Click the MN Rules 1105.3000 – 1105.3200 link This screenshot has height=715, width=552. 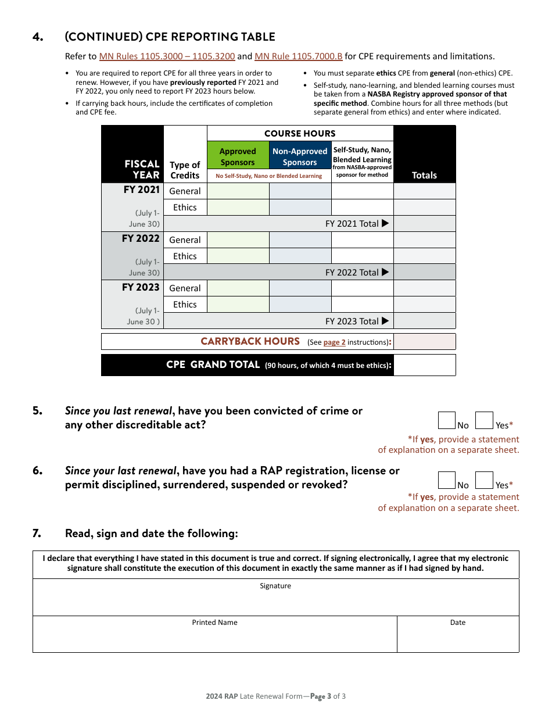tap(167, 56)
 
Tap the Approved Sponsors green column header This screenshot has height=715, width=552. tap(238, 156)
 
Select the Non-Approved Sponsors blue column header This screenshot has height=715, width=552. tap(300, 156)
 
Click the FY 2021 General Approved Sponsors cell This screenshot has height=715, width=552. tap(238, 191)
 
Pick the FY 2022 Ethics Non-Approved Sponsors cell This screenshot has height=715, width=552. tap(300, 256)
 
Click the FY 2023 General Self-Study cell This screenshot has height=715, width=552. tap(362, 288)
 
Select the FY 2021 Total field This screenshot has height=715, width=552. tap(424, 224)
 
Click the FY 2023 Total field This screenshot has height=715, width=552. tap(424, 321)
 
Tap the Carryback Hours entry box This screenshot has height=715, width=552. tap(424, 341)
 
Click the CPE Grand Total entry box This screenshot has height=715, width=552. tap(424, 365)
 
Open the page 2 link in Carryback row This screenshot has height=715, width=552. tap(334, 342)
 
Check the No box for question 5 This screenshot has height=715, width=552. tap(446, 420)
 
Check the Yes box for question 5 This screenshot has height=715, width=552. tap(484, 420)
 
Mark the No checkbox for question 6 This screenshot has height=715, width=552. tap(446, 480)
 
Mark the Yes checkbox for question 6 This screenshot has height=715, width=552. tap(484, 480)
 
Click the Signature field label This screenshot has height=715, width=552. tap(275, 586)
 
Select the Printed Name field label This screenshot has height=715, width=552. tap(215, 623)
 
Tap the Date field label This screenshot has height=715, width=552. tap(458, 623)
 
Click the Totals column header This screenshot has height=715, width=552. tap(424, 175)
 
